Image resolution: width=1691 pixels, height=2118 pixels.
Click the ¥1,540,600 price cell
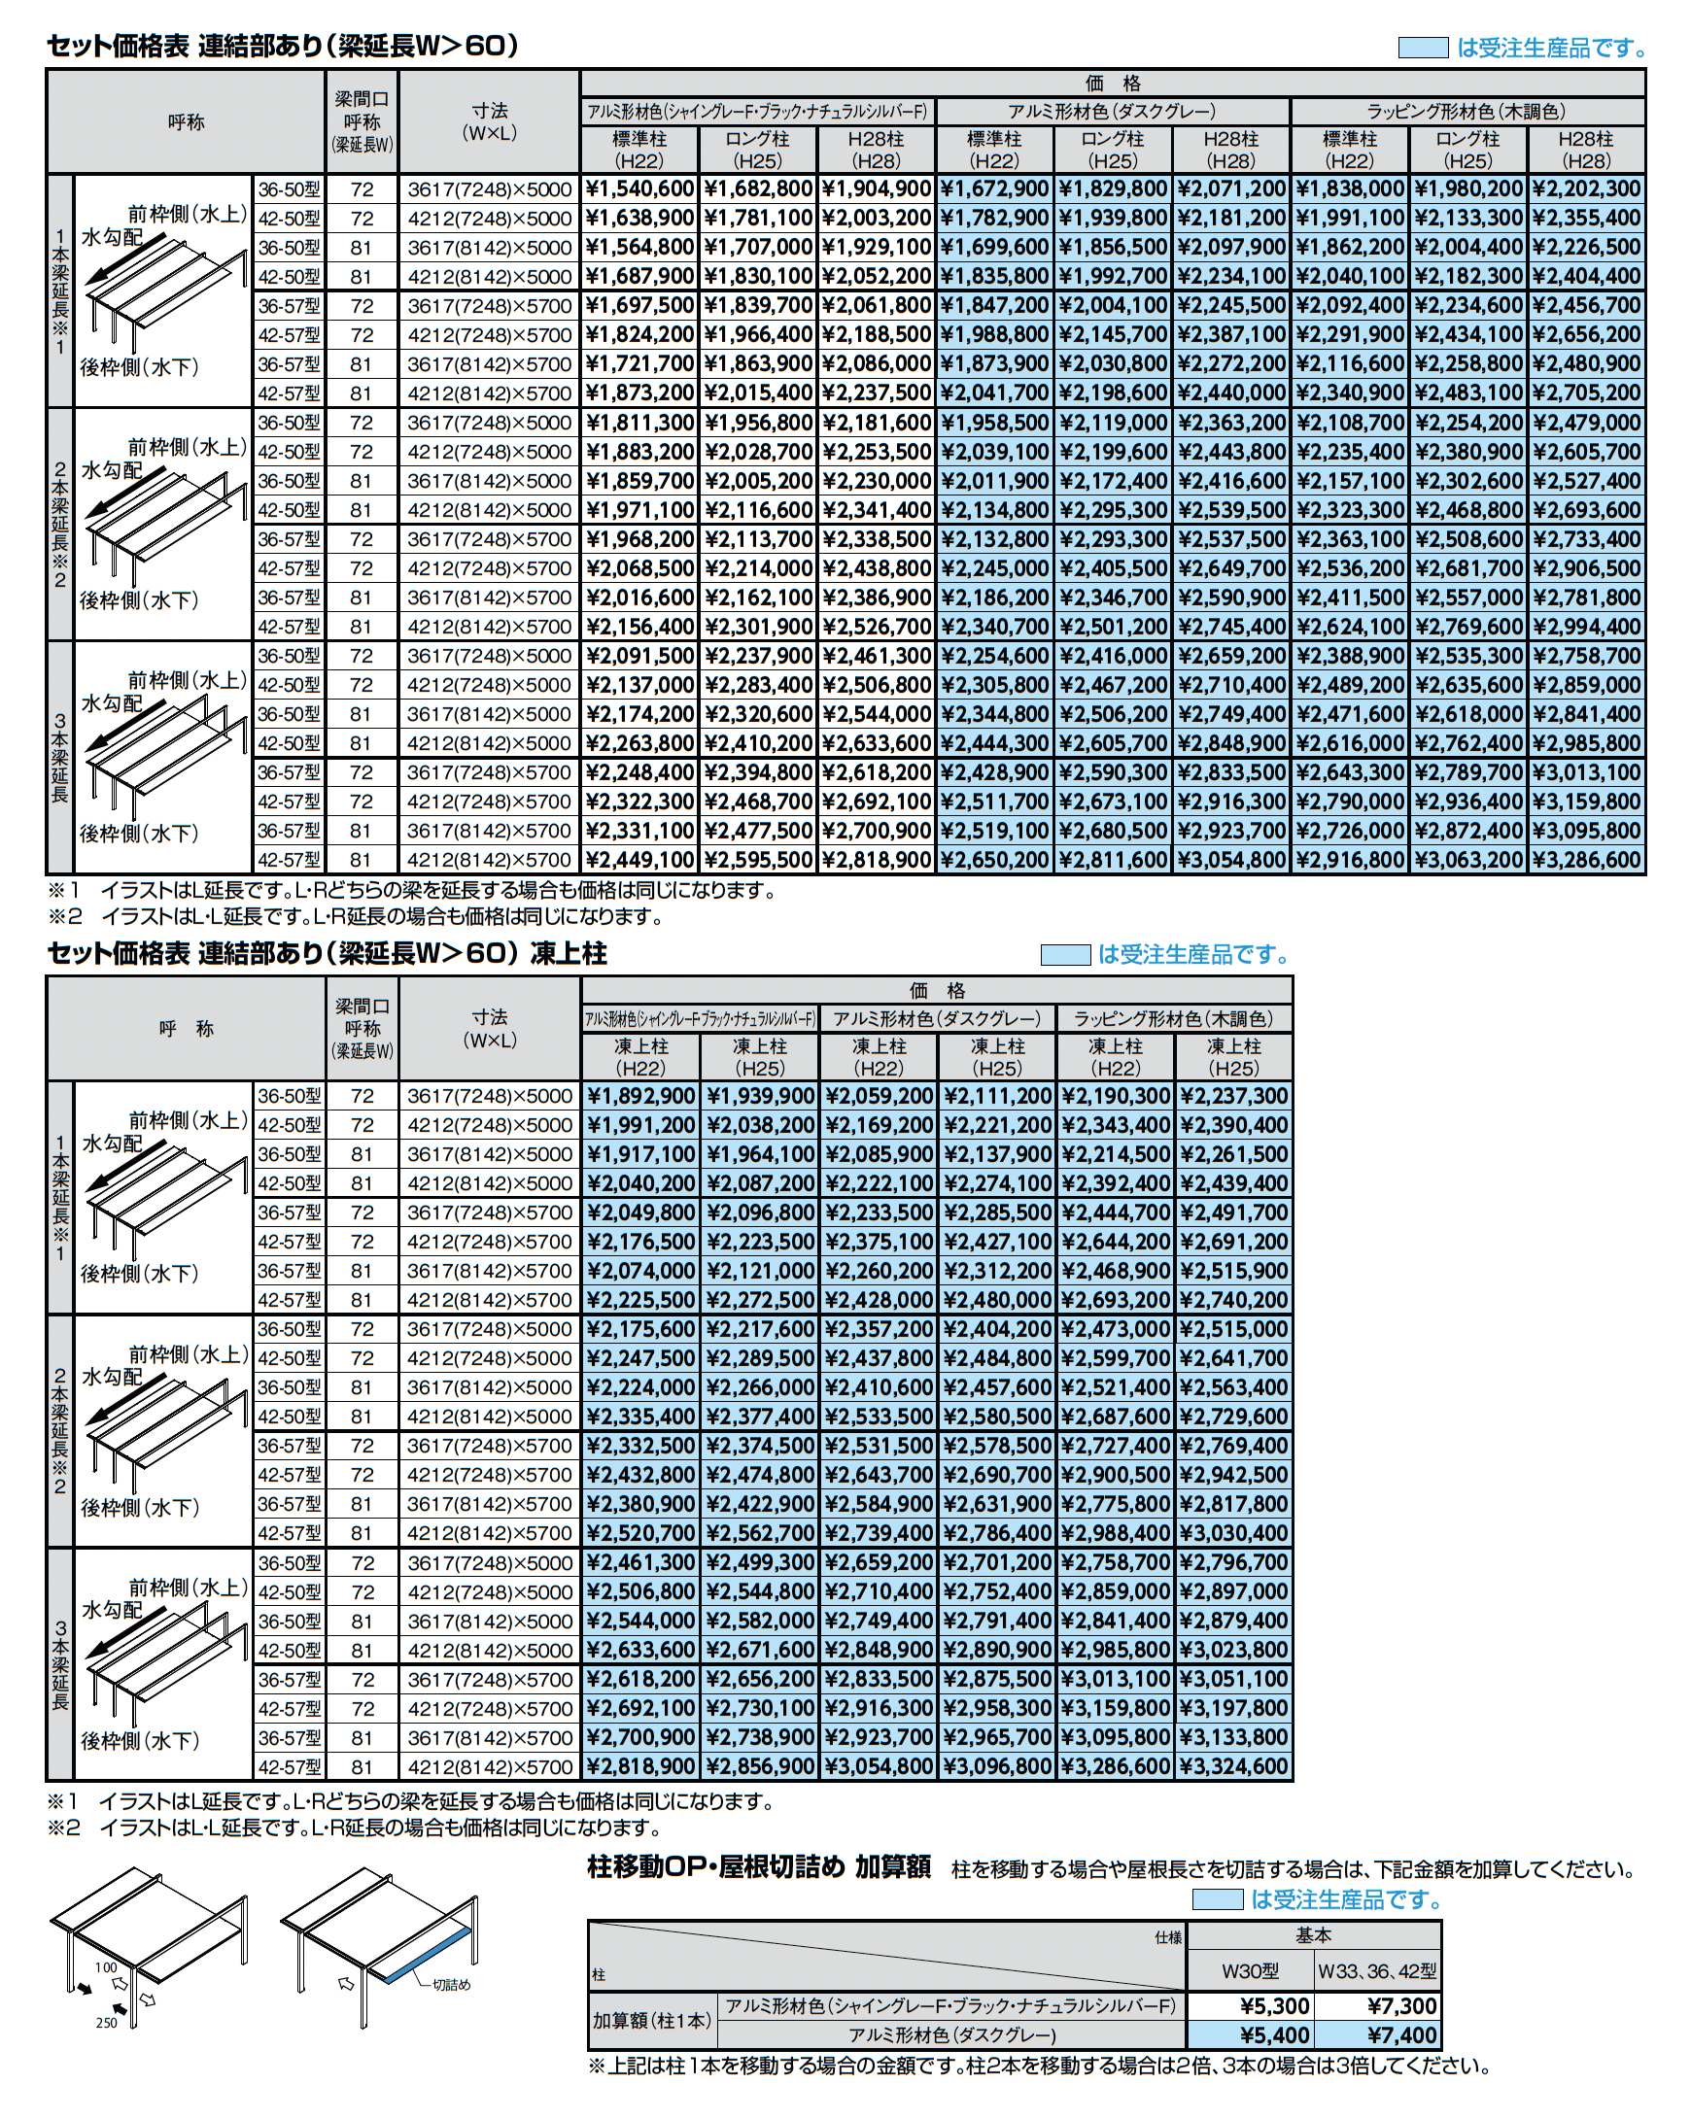point(639,188)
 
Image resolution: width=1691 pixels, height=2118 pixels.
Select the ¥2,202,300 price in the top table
point(1586,188)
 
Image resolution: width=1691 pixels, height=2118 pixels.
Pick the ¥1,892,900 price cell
point(640,1095)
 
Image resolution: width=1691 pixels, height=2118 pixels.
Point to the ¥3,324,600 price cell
point(1233,1766)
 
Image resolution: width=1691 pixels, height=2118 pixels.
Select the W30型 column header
point(1250,1970)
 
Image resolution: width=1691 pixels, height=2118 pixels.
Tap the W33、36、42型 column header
point(1377,1970)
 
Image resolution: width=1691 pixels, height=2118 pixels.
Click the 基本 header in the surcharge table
point(1314,1935)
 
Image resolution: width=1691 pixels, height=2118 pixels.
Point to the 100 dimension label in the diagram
point(106,1967)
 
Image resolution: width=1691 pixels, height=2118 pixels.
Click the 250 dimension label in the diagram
point(106,2023)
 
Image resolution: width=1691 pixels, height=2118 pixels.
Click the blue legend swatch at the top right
point(1423,49)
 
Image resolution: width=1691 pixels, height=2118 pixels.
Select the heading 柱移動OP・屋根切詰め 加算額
point(759,1867)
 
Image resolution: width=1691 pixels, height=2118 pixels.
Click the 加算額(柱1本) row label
point(652,2021)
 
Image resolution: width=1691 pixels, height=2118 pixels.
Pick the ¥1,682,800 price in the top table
point(758,188)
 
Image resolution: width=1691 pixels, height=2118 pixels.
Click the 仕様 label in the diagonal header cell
point(1168,1938)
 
